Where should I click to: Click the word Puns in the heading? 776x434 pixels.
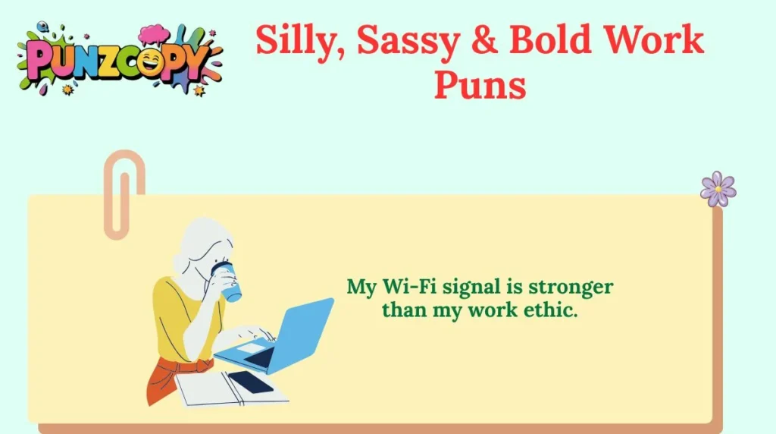(x=480, y=84)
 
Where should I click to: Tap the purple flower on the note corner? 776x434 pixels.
(x=718, y=188)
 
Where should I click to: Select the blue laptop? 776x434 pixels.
(x=284, y=334)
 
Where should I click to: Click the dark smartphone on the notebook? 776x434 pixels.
(x=250, y=382)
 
